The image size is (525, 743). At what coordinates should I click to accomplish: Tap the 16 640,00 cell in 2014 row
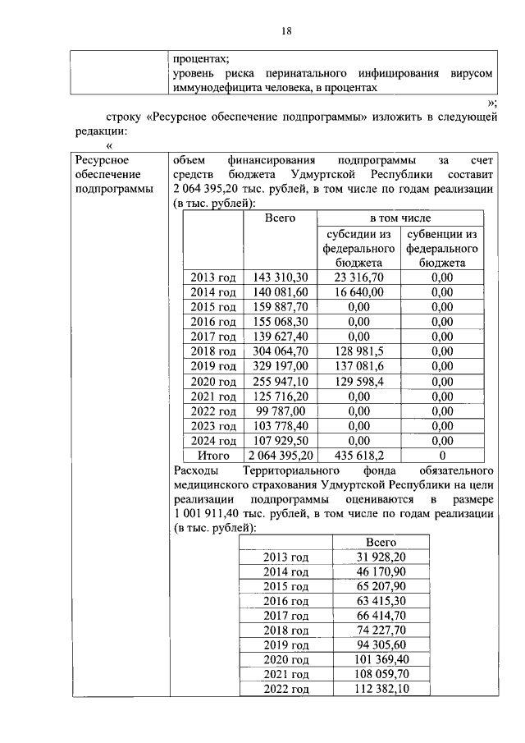(x=358, y=292)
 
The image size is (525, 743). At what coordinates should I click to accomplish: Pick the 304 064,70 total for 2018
(x=281, y=351)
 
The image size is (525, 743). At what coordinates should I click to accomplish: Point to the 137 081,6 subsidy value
(x=358, y=366)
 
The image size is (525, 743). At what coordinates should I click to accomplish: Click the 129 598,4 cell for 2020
(x=358, y=381)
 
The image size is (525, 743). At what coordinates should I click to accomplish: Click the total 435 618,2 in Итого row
(x=358, y=455)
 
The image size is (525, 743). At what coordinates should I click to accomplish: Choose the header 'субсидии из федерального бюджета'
(x=358, y=248)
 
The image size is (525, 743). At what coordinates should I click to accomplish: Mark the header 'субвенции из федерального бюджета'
(x=442, y=248)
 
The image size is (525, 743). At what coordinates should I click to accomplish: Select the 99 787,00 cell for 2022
(x=281, y=410)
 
